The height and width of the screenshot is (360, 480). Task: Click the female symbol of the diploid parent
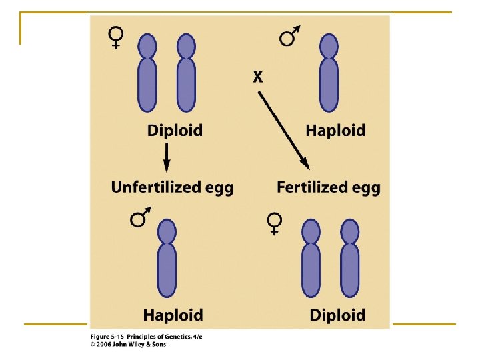(x=116, y=37)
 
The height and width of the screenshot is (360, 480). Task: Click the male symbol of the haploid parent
(x=289, y=36)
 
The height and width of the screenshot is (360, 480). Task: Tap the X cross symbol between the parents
(x=258, y=77)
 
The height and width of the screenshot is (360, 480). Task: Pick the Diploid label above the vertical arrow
(x=175, y=130)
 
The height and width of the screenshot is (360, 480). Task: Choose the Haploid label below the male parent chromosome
(x=335, y=130)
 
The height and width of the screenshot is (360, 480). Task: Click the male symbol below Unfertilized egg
(x=140, y=217)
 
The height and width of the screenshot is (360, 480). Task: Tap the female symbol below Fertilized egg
(x=273, y=223)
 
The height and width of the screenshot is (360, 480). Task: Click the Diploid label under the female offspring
(x=337, y=314)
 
